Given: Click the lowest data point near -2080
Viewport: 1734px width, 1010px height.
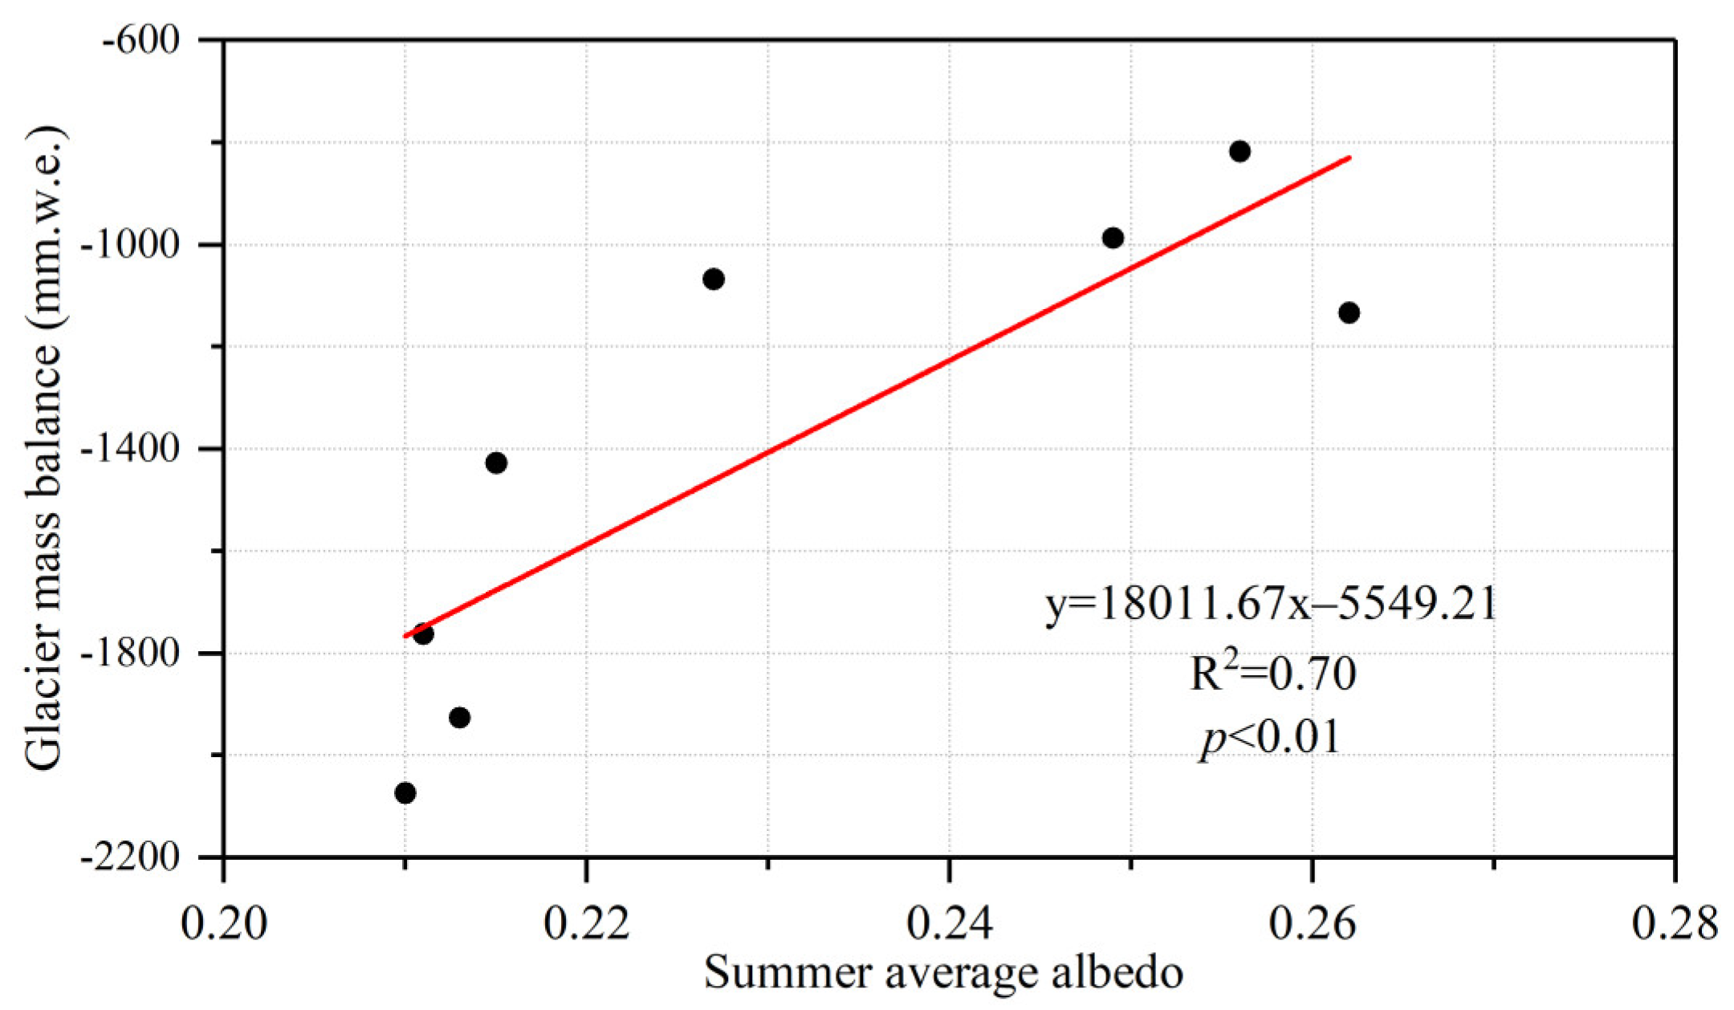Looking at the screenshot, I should tap(405, 793).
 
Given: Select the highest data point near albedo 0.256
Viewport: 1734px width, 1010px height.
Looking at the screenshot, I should tap(1239, 151).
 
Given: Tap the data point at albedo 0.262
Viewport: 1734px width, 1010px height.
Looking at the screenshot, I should tap(1349, 312).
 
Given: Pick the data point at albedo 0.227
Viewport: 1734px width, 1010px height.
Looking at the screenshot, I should tap(713, 279).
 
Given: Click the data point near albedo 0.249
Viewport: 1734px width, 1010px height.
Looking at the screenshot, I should tap(1113, 238).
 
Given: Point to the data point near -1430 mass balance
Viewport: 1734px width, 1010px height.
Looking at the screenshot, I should tap(496, 462).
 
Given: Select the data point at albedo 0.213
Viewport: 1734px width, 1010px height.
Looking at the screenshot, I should tap(459, 717).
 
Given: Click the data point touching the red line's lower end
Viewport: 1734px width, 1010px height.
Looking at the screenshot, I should tap(423, 633).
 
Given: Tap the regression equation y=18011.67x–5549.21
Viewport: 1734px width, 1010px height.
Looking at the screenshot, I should tap(1272, 604).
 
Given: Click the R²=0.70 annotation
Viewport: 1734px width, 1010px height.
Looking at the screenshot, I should tap(1272, 673).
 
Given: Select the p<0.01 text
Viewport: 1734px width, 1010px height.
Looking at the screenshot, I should tap(1270, 737).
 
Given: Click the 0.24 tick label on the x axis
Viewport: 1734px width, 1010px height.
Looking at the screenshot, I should tap(949, 923).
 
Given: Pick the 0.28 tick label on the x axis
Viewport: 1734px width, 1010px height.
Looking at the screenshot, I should tap(1674, 923).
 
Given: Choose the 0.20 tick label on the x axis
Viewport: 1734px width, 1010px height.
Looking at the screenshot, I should tap(223, 923).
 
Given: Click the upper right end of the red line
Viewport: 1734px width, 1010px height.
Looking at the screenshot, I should tap(1349, 158).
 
